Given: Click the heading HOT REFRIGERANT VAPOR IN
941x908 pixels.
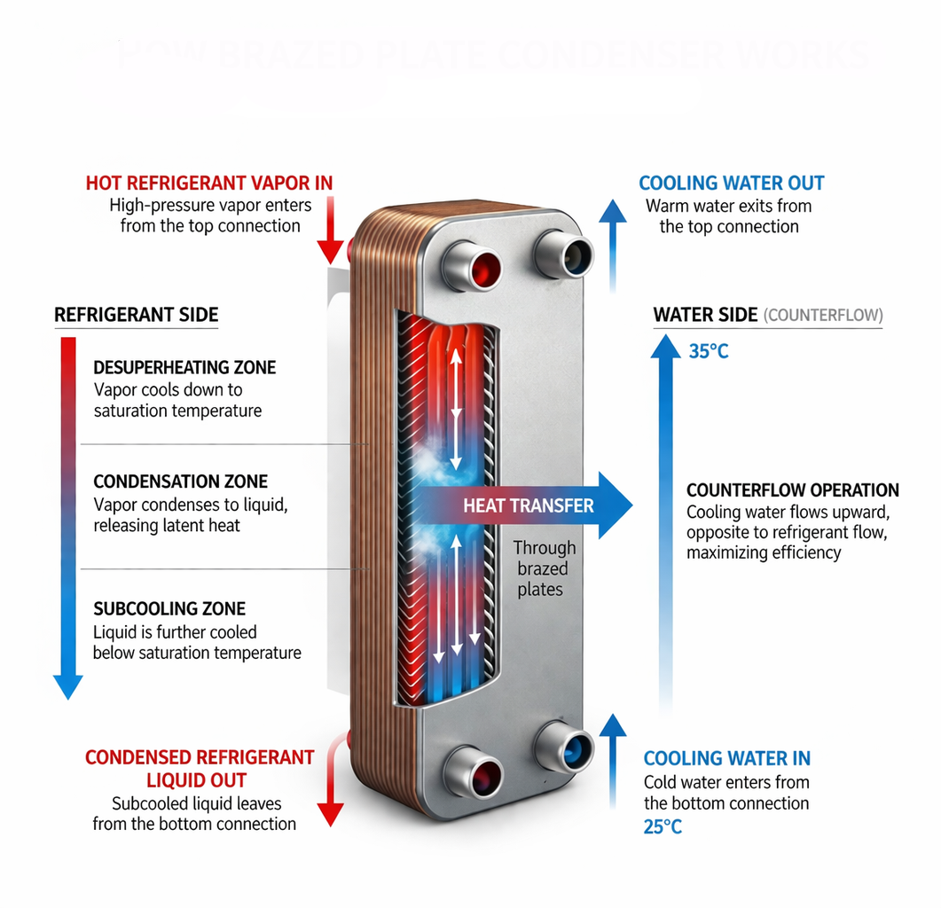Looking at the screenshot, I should pos(209,184).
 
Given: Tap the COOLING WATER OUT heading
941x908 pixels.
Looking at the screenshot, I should pos(732,184).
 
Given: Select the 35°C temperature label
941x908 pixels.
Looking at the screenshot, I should pos(708,351).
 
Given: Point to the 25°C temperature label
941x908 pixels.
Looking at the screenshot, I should pos(663,827).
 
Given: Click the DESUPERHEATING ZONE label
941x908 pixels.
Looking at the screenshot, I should pos(184,368).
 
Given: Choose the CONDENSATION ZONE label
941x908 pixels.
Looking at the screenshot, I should pos(180,481).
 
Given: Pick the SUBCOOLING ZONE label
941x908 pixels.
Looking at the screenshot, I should pos(169,609).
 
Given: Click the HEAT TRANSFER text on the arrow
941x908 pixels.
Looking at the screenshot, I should pos(529,506).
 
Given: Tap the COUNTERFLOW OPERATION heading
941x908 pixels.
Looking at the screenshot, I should pos(793,490).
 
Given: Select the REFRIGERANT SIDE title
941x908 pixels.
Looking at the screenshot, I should pos(136,315).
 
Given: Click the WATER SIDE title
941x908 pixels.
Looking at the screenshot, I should pos(705,315).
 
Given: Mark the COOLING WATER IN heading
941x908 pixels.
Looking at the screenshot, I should pos(726,758).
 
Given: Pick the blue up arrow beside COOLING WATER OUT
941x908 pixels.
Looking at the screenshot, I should pos(611,244).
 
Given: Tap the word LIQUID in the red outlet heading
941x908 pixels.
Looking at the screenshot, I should pos(176,781).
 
